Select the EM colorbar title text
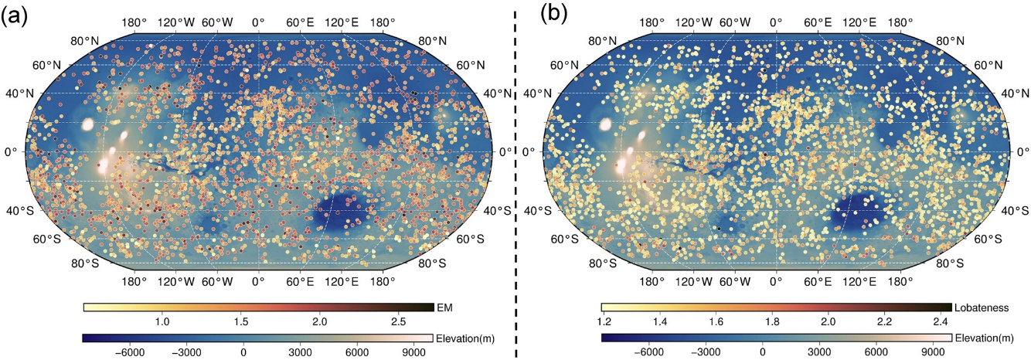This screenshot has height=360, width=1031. pos(444,307)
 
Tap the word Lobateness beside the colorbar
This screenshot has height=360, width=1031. pos(982,307)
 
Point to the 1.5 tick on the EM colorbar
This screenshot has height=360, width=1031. pos(240,321)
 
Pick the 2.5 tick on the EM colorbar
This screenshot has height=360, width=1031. pos(397,321)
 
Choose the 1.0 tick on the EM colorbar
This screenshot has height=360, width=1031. pos(162,321)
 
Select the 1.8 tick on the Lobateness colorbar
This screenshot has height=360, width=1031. pos(772,321)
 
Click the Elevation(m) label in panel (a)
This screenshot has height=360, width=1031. pos(466,338)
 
